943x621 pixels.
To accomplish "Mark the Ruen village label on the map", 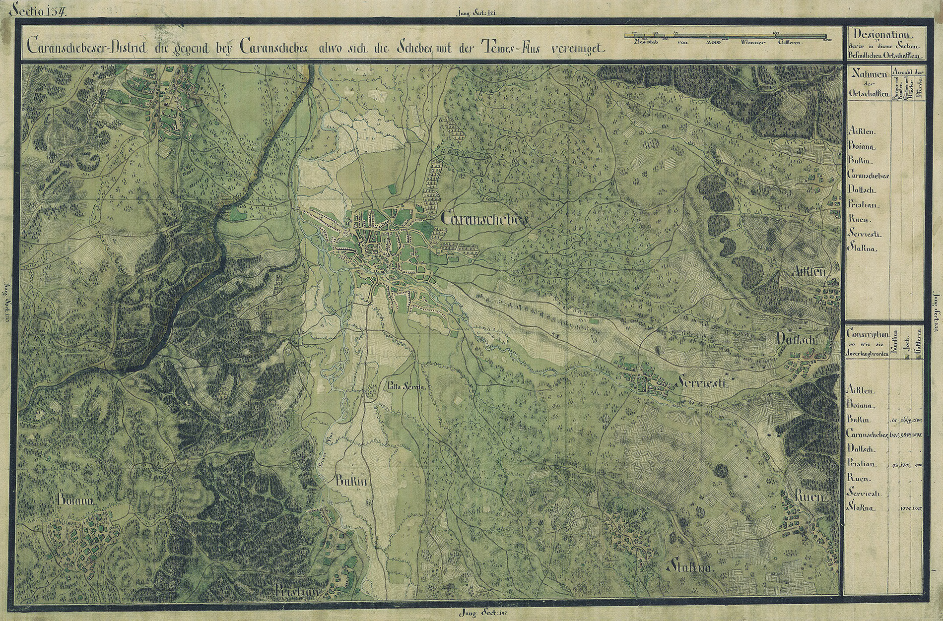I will point(809,496).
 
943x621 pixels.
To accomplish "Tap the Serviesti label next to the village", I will point(701,383).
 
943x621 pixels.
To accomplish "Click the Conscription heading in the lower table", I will point(868,334).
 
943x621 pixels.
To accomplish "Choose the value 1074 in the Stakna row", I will point(906,508).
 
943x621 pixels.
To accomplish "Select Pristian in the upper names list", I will point(864,204).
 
